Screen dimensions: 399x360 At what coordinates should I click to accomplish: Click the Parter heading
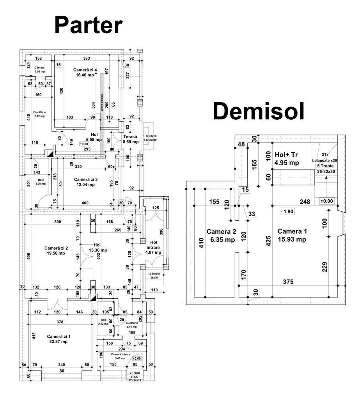[x=88, y=25]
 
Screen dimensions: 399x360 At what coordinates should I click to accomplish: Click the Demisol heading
[x=258, y=112]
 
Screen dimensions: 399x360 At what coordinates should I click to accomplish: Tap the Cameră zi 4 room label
[x=85, y=70]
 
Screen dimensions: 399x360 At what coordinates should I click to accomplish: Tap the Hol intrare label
[x=153, y=244]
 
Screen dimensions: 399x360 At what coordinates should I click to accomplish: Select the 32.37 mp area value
[x=57, y=342]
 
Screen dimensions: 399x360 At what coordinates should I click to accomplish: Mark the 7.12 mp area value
[x=39, y=116]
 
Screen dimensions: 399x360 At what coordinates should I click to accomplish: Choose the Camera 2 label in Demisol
[x=221, y=231]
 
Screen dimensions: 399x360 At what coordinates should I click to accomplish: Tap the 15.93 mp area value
[x=292, y=239]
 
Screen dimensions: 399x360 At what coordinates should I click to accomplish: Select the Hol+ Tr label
[x=287, y=154]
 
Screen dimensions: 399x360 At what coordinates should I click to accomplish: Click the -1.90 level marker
[x=287, y=211]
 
